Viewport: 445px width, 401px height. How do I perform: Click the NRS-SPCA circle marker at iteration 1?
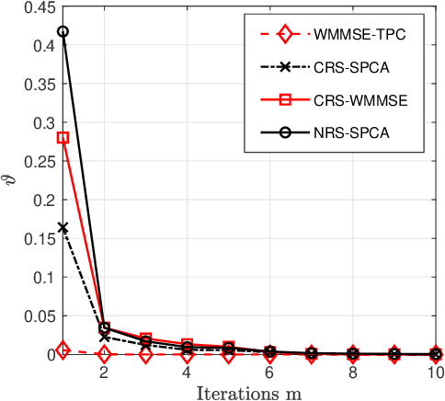[63, 31]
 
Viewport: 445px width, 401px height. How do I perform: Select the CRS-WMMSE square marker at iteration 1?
[63, 138]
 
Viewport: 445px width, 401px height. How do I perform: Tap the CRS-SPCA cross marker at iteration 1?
[63, 227]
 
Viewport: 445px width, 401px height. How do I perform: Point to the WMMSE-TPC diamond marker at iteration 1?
[63, 349]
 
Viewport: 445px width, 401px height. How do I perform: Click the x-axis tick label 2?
[104, 373]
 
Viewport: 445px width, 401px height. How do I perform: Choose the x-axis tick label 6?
[269, 373]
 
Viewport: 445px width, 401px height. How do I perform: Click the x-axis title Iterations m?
[248, 393]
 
